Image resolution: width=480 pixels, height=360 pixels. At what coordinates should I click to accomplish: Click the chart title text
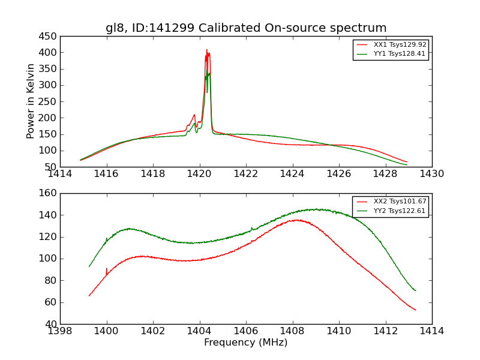pos(246,28)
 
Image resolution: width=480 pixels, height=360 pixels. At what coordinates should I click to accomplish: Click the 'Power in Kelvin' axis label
pos(31,101)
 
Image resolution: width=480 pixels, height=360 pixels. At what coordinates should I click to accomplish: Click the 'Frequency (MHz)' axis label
pos(246,343)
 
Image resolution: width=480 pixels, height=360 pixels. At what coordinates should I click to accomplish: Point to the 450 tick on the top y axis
pos(49,37)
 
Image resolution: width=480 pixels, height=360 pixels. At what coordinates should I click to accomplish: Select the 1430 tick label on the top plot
pos(431,174)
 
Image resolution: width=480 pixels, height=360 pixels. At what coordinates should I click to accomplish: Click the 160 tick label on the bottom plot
pos(49,193)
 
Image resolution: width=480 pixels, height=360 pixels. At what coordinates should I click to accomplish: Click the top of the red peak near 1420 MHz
pos(206,50)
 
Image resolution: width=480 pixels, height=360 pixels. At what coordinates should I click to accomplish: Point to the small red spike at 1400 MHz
pos(107,269)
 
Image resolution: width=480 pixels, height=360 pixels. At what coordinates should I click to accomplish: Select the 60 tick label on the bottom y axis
pos(51,302)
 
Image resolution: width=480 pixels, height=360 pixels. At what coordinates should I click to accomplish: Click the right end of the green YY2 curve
pos(415,290)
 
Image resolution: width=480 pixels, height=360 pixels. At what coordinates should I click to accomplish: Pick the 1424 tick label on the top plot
pos(292,174)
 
